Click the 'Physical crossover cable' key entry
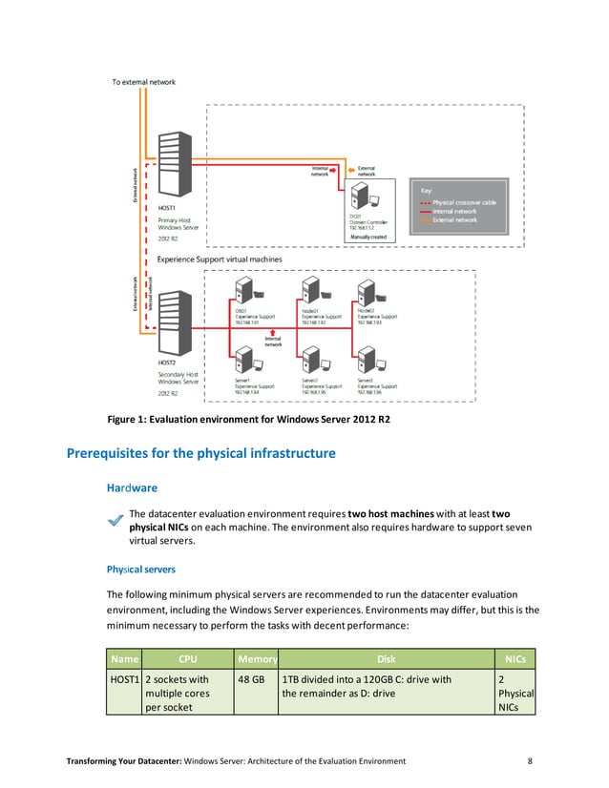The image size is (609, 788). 463,202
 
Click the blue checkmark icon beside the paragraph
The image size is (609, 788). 115,519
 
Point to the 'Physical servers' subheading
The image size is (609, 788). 140,569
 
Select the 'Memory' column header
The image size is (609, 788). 257,658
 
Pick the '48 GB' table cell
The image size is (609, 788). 251,679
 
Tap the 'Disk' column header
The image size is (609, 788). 386,658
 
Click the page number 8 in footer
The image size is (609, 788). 530,760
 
